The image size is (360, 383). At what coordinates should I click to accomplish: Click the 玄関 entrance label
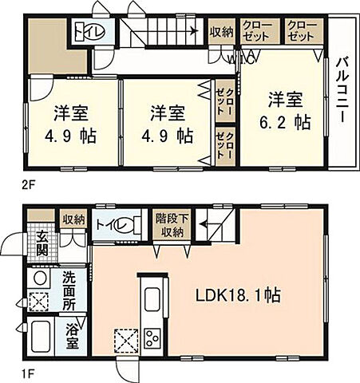pyautogui.click(x=42, y=241)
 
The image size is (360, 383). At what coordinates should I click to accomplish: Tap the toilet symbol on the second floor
pyautogui.click(x=82, y=32)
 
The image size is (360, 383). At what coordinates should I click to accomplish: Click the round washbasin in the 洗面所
pyautogui.click(x=38, y=278)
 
